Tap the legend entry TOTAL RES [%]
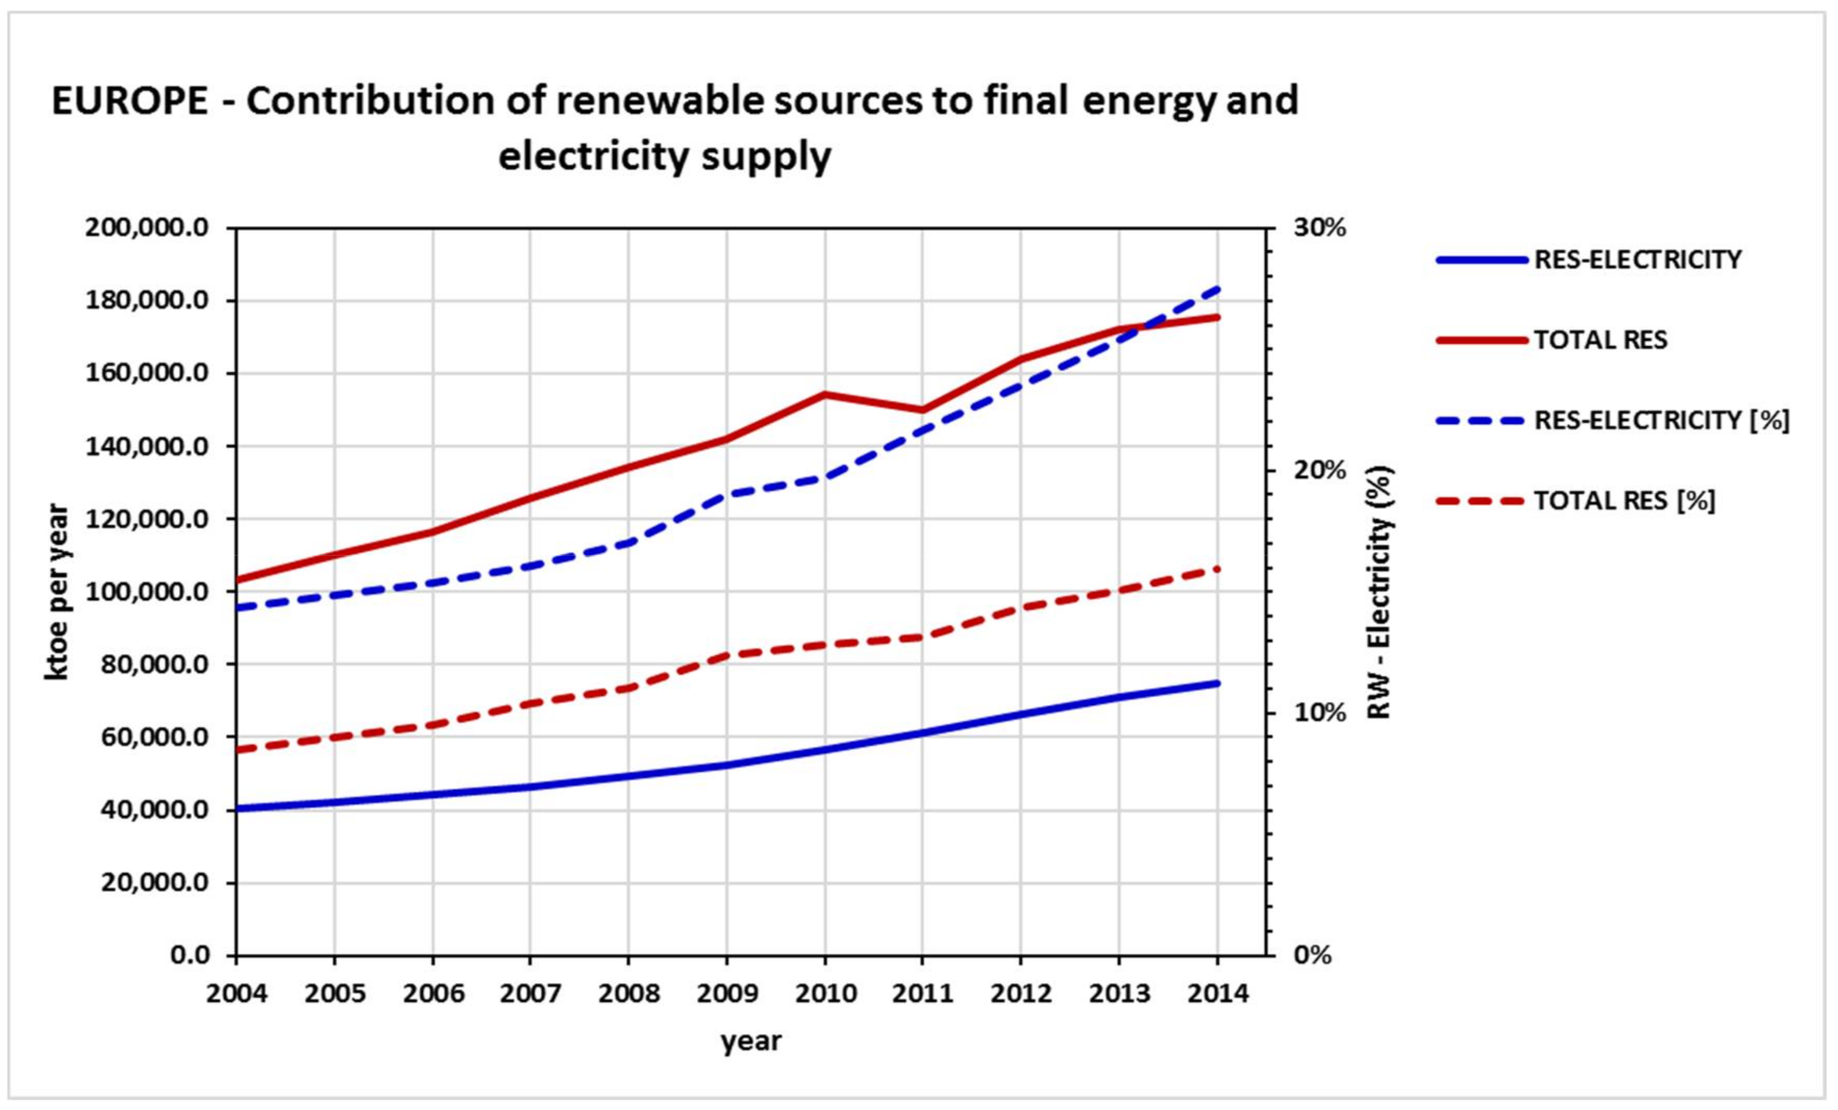(1624, 500)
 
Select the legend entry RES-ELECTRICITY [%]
(1661, 421)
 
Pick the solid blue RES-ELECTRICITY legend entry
(1637, 259)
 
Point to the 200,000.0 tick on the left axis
(147, 228)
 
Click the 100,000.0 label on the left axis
(147, 592)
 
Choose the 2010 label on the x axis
(825, 994)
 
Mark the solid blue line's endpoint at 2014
(1218, 683)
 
